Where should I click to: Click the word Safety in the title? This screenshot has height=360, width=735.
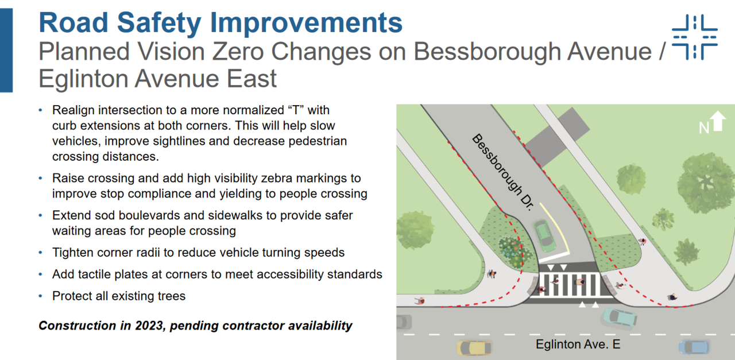[x=159, y=23]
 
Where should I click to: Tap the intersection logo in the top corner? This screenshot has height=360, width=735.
[x=695, y=37]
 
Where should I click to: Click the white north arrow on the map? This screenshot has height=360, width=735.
[x=718, y=121]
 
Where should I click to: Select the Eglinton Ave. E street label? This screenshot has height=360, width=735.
[x=578, y=344]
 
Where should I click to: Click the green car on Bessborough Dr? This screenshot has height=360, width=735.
[x=544, y=235]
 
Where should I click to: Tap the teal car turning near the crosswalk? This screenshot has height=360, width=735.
[x=619, y=318]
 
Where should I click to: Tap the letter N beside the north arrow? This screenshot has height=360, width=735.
[x=704, y=128]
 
